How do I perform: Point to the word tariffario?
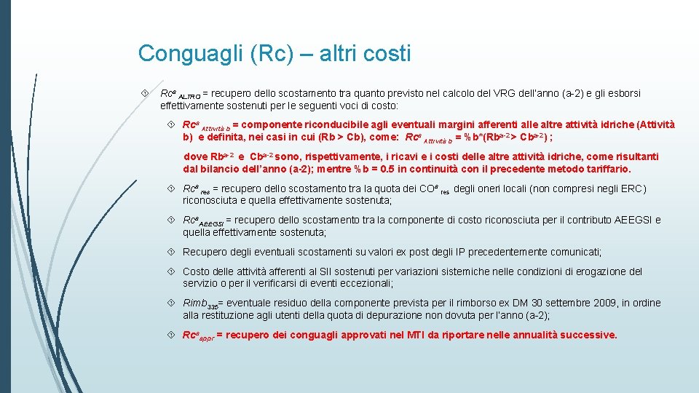(604, 169)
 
